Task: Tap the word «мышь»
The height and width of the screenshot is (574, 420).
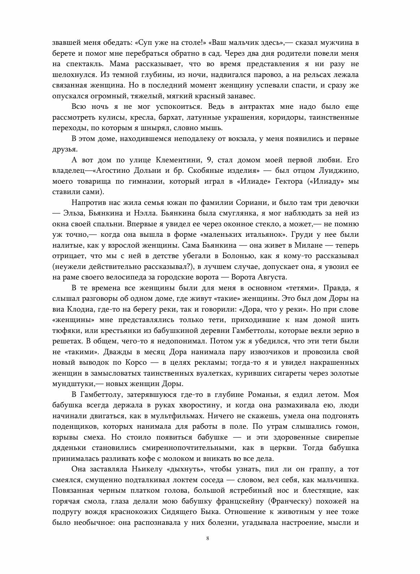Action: [212, 128]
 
